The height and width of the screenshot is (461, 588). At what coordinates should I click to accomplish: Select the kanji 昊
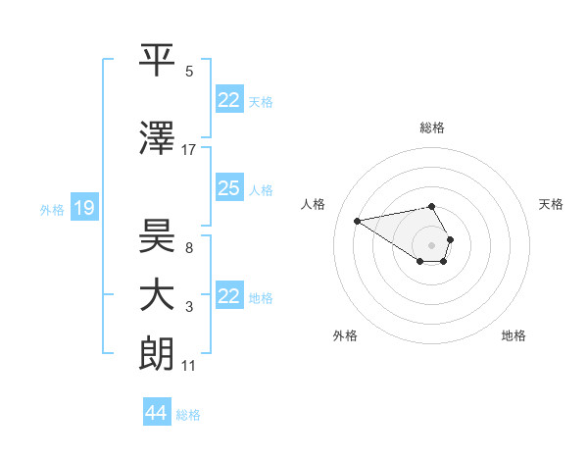click(157, 235)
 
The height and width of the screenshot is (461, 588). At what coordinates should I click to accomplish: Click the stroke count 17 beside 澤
click(189, 150)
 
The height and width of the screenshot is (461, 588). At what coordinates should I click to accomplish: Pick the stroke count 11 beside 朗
click(189, 366)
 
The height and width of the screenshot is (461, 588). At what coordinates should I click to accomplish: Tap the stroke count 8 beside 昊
click(188, 248)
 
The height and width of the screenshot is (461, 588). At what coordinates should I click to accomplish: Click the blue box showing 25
click(229, 188)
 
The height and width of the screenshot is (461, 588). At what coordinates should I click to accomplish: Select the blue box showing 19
click(84, 208)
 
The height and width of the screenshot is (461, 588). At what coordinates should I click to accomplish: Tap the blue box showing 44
click(156, 413)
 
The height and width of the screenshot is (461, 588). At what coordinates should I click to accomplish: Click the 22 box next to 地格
click(229, 296)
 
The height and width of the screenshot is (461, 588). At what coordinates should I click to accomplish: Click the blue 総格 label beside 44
click(188, 415)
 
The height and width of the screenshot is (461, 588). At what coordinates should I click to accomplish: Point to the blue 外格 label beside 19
click(52, 209)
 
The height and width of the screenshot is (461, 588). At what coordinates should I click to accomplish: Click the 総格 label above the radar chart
click(432, 128)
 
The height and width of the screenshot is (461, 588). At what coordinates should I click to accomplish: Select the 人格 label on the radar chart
click(314, 204)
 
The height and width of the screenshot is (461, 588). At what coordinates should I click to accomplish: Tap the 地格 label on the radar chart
click(514, 335)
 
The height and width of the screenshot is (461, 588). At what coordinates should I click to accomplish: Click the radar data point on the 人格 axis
click(358, 220)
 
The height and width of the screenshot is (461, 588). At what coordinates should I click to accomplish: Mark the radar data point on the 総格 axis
click(431, 206)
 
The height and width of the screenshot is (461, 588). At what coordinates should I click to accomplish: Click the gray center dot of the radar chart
click(431, 244)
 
